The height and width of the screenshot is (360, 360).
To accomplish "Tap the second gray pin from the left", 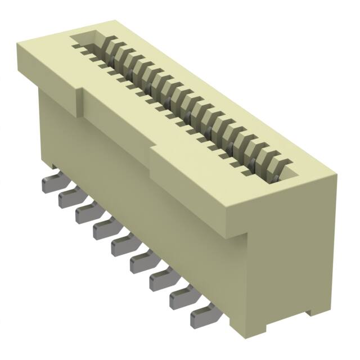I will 68,197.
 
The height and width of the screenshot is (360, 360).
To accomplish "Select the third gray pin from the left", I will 85,213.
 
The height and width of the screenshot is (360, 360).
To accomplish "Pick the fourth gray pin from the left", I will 103,228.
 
